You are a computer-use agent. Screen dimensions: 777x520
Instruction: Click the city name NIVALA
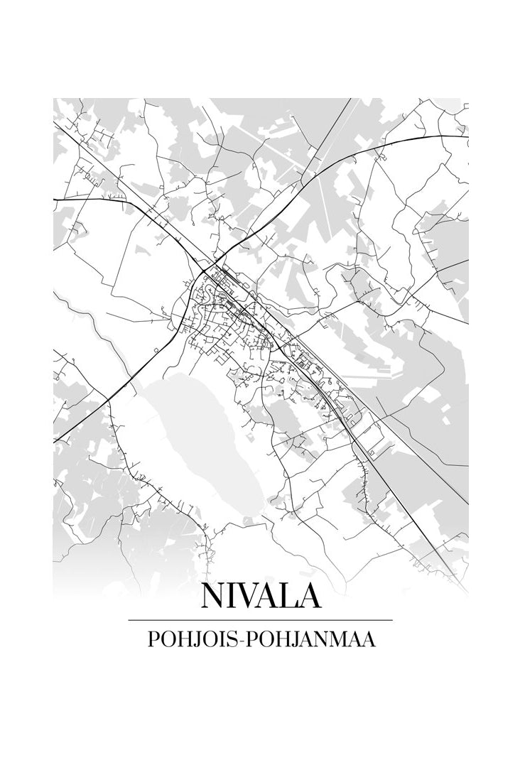(x=260, y=596)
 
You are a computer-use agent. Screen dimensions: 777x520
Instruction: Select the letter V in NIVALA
(x=251, y=596)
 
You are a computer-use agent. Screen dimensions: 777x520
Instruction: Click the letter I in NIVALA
(x=233, y=596)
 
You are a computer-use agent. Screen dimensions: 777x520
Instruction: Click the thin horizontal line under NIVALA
(x=260, y=620)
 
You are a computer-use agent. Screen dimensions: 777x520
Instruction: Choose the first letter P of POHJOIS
(x=152, y=639)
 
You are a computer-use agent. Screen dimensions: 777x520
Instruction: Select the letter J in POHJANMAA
(x=291, y=639)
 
